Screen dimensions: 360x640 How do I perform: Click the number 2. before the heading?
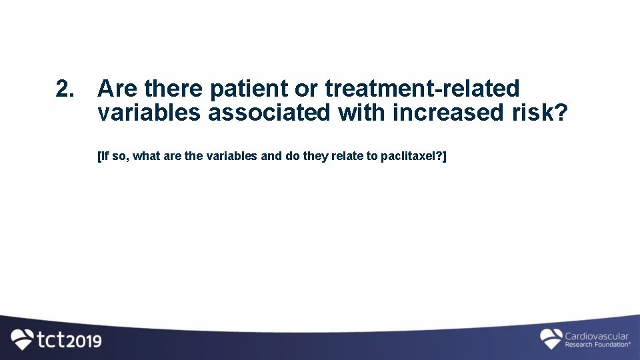tap(65, 88)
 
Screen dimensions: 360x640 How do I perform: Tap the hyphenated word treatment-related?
tap(422, 88)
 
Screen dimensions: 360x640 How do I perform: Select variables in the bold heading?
tap(149, 113)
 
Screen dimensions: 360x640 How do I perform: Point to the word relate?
tap(345, 157)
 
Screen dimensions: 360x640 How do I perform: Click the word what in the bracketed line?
tap(147, 157)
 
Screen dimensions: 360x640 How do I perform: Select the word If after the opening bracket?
tap(104, 157)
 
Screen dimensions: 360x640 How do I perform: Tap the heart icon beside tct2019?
tap(23, 339)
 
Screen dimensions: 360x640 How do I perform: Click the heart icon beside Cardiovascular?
tap(551, 339)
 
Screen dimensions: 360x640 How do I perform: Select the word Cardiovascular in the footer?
tap(597, 336)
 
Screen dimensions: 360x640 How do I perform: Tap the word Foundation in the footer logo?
tap(608, 345)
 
